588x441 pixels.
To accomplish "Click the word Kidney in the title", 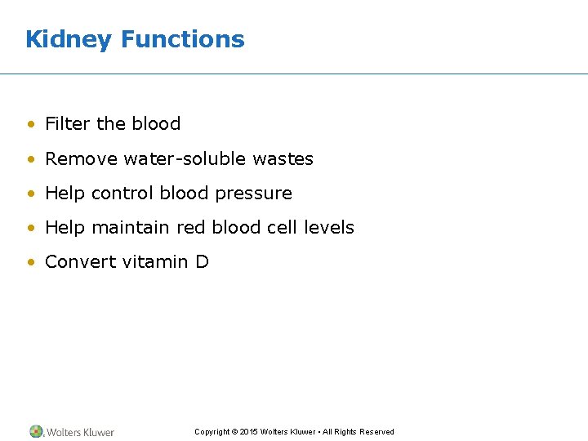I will pyautogui.click(x=68, y=39).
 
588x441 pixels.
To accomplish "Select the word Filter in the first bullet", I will pyautogui.click(x=68, y=124).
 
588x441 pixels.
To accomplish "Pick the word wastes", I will pyautogui.click(x=283, y=158).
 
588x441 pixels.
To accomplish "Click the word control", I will pyautogui.click(x=122, y=194).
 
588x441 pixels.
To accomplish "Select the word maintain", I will pyautogui.click(x=131, y=228).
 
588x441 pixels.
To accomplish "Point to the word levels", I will pyautogui.click(x=329, y=228).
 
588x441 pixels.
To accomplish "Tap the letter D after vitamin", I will pyautogui.click(x=202, y=262).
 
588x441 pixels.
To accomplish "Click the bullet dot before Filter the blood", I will pyautogui.click(x=30, y=125).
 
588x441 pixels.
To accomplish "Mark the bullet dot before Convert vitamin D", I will pyautogui.click(x=30, y=263).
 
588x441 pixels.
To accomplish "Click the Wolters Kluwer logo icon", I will pyautogui.click(x=37, y=431).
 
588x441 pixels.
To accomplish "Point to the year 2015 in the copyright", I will pyautogui.click(x=249, y=432).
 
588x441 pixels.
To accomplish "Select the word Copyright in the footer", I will pyautogui.click(x=212, y=432).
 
